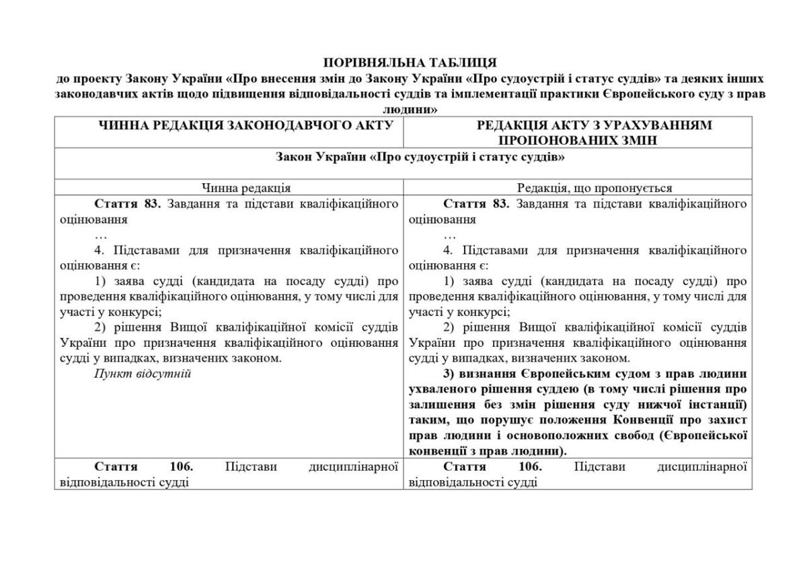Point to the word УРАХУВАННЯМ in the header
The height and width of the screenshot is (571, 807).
648,125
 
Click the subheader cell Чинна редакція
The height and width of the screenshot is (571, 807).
228,189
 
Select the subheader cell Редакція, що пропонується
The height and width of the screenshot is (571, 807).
577,189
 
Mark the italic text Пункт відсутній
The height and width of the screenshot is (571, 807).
143,374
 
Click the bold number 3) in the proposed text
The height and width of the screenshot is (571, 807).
449,374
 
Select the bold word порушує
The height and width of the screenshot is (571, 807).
504,420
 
